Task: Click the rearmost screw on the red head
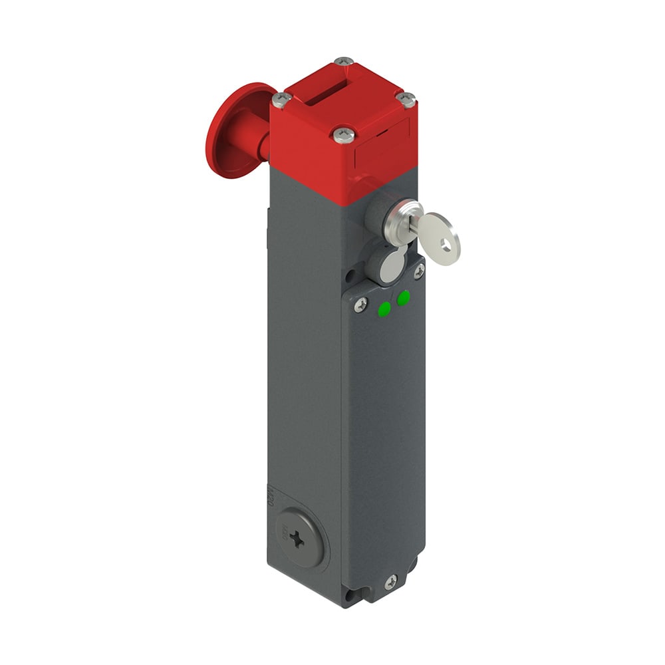tap(343, 62)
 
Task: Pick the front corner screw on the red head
tap(343, 135)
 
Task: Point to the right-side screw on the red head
tap(405, 99)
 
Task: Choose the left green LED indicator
tap(384, 309)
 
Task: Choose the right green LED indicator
tap(403, 299)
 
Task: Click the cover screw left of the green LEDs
tap(360, 304)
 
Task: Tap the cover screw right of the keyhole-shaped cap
tap(419, 270)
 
